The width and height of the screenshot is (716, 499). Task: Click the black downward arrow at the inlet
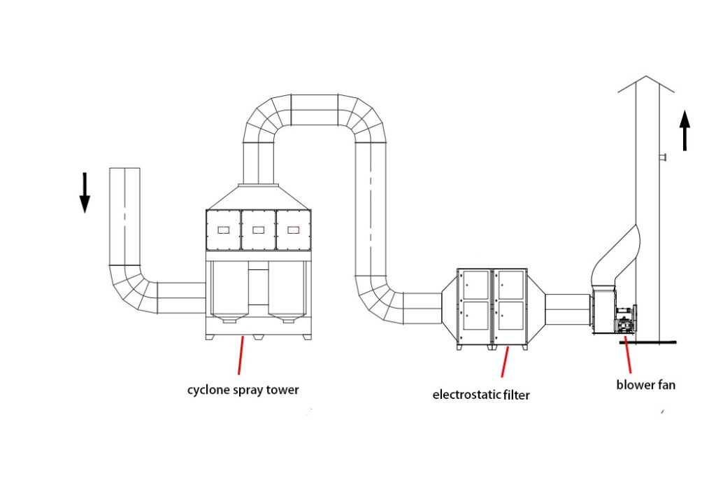pyautogui.click(x=85, y=192)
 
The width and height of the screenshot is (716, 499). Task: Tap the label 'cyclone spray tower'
pyautogui.click(x=243, y=390)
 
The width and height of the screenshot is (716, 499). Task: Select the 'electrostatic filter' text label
pyautogui.click(x=481, y=394)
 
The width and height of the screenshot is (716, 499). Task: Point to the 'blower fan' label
pyautogui.click(x=645, y=384)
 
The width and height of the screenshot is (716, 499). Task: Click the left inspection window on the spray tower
pyautogui.click(x=224, y=229)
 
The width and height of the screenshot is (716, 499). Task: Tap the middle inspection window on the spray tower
pyautogui.click(x=258, y=229)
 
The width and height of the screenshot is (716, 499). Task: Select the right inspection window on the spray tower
pyautogui.click(x=292, y=229)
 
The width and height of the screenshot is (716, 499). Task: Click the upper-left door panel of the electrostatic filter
pyautogui.click(x=475, y=284)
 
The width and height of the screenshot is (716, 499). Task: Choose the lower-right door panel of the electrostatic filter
pyautogui.click(x=510, y=320)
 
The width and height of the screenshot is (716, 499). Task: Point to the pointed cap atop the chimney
pyautogui.click(x=645, y=83)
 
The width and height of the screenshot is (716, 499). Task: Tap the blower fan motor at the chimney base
pyautogui.click(x=624, y=321)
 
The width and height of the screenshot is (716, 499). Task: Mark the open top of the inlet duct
pyautogui.click(x=125, y=169)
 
